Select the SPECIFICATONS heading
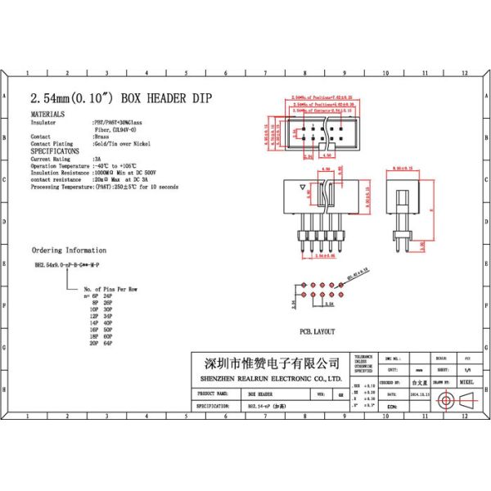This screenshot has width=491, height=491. pyautogui.click(x=55, y=151)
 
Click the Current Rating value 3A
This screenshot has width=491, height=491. pyautogui.click(x=98, y=159)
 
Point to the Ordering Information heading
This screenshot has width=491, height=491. pyautogui.click(x=69, y=250)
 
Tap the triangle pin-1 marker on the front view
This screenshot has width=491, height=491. pyautogui.click(x=304, y=187)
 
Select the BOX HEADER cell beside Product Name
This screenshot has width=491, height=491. pyautogui.click(x=262, y=393)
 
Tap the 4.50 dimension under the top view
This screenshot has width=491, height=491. pyautogui.click(x=325, y=155)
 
